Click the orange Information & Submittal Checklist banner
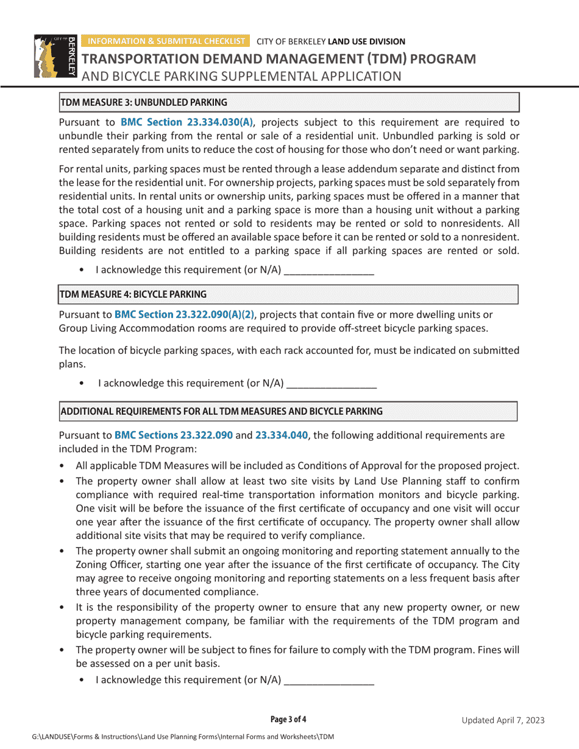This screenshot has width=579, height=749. (165, 41)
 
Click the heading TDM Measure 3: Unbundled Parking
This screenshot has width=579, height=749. (144, 102)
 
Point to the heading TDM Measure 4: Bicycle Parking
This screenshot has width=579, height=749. (133, 294)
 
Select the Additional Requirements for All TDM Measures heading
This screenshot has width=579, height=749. (221, 411)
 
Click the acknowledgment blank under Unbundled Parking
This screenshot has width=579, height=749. (329, 270)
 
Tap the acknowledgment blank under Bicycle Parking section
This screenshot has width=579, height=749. (332, 384)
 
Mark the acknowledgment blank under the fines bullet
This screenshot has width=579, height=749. (329, 680)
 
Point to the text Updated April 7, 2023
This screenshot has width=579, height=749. (503, 720)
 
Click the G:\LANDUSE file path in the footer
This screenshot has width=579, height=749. (183, 737)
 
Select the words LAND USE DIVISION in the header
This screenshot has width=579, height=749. (366, 42)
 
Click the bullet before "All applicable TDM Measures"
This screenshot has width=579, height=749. (63, 466)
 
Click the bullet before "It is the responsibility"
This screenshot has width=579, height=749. (63, 608)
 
